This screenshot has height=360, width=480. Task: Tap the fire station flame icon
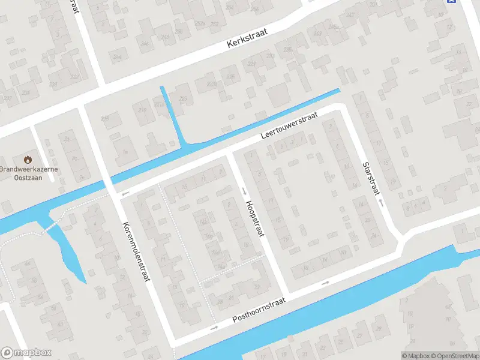(x=28, y=160)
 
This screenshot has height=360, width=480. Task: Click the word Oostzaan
(x=28, y=178)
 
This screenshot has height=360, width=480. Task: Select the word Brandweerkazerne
(x=28, y=170)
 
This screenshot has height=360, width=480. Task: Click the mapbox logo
(x=26, y=353)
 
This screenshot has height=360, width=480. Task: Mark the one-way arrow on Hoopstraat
(x=244, y=191)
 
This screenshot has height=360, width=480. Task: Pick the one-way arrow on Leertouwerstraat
(x=125, y=194)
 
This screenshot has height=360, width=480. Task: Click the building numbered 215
(x=106, y=118)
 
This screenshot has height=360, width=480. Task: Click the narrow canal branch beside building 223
(x=172, y=116)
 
